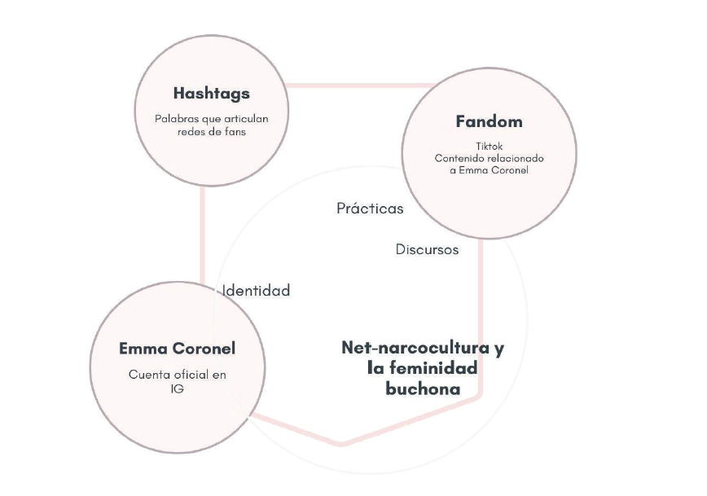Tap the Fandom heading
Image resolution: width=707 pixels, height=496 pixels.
[489, 122]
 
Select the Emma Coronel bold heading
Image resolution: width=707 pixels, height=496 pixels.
[177, 349]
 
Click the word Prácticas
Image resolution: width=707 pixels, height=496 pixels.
[370, 208]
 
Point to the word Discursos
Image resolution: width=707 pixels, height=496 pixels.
[427, 249]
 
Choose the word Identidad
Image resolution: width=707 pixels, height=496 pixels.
[257, 291]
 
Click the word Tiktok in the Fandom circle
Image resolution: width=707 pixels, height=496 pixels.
[489, 146]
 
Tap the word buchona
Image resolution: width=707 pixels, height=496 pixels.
[423, 389]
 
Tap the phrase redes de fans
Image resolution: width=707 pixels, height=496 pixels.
[212, 130]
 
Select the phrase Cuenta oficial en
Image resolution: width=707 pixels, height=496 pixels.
[177, 375]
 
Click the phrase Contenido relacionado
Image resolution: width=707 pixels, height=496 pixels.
[489, 158]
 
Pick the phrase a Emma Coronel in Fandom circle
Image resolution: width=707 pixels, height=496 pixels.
[489, 170]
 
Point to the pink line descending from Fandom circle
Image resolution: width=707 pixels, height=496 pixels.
[481, 318]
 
